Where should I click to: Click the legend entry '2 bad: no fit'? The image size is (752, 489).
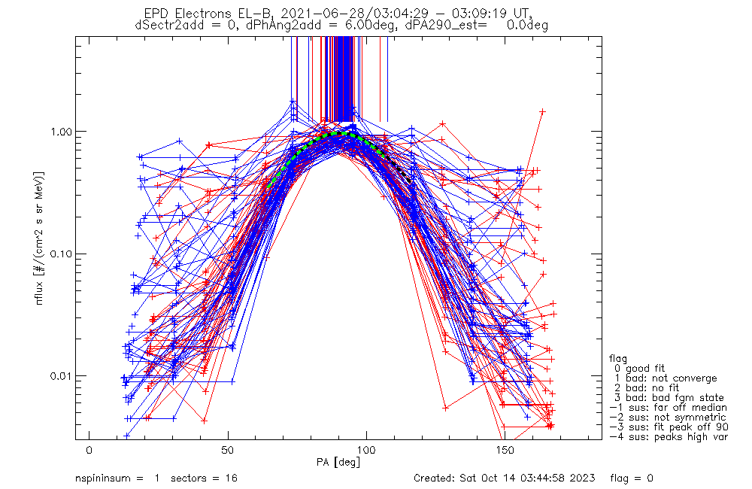(649, 388)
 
